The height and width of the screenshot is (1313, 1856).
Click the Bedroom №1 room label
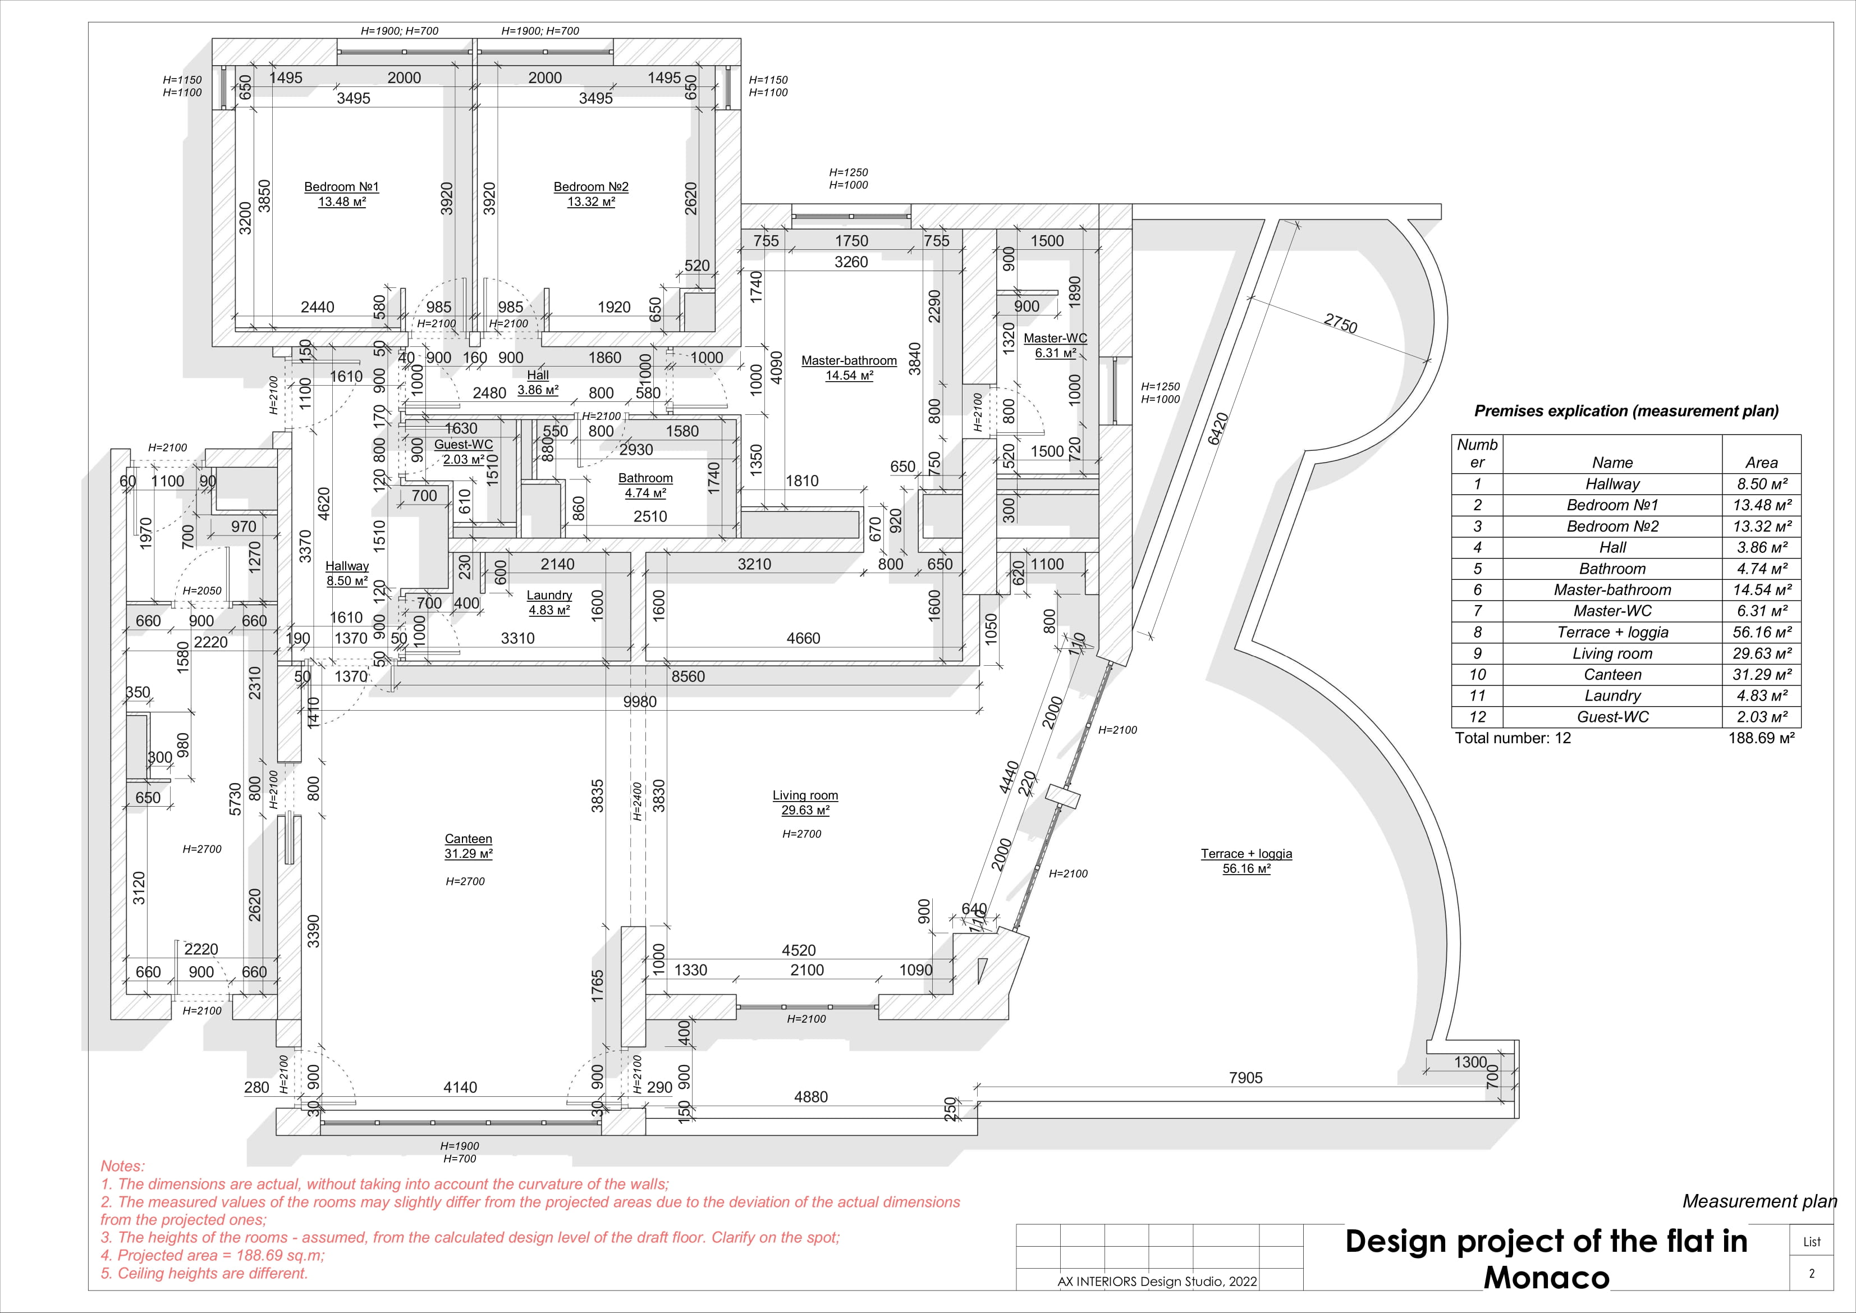341,187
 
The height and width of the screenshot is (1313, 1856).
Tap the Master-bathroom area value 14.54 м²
849,376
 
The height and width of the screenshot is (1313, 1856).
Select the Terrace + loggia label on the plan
1246,854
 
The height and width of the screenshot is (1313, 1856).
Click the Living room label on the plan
805,795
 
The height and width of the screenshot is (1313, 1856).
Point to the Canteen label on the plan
468,839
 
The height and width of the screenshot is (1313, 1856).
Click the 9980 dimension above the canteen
639,702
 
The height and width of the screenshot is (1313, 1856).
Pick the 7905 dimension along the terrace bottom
1245,1078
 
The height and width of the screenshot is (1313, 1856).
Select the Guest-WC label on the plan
463,445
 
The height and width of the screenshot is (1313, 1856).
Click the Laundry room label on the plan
549,595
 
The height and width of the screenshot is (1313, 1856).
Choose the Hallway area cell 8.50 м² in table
1761,484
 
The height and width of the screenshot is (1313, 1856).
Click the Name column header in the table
1612,463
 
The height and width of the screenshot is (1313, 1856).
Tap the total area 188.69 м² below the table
1761,738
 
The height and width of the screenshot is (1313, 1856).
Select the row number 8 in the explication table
1477,632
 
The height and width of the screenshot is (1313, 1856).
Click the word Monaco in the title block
1546,1278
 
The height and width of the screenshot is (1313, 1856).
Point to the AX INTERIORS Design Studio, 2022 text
1157,1282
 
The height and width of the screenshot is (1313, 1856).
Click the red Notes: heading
122,1166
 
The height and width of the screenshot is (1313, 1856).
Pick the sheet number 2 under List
1812,1273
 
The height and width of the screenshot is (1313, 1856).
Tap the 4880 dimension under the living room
811,1097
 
